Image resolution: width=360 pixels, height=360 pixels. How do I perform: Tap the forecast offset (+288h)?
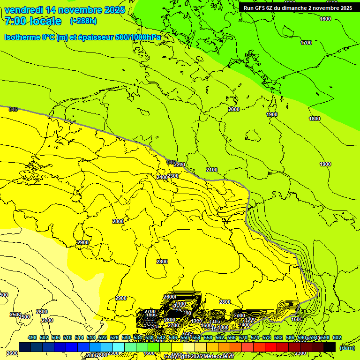(x=83, y=21)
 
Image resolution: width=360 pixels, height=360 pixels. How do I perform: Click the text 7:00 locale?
(x=33, y=21)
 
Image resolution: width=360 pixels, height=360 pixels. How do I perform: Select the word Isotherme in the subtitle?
(x=22, y=37)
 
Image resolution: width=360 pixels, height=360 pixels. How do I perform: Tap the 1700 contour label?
(x=306, y=43)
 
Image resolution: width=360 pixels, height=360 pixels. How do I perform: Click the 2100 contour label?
(x=212, y=170)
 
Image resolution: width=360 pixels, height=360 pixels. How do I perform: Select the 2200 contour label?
(x=180, y=165)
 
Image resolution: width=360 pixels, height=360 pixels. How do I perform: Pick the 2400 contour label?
(x=162, y=177)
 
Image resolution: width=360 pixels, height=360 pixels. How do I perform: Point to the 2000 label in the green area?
(x=234, y=109)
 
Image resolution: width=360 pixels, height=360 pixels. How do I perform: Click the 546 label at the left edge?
(x=13, y=109)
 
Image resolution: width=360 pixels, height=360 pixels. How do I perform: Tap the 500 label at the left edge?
(x=4, y=295)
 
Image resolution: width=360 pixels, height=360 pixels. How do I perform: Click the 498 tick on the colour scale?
(x=32, y=338)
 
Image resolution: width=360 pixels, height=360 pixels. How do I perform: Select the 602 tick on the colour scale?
(x=337, y=338)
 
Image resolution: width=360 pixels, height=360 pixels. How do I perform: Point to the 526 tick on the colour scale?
(x=114, y=338)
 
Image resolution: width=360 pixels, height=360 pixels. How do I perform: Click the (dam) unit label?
(x=347, y=347)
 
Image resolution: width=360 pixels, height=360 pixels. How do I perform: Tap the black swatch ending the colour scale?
(x=330, y=347)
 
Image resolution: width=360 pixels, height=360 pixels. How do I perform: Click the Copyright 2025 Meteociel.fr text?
(x=198, y=357)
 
